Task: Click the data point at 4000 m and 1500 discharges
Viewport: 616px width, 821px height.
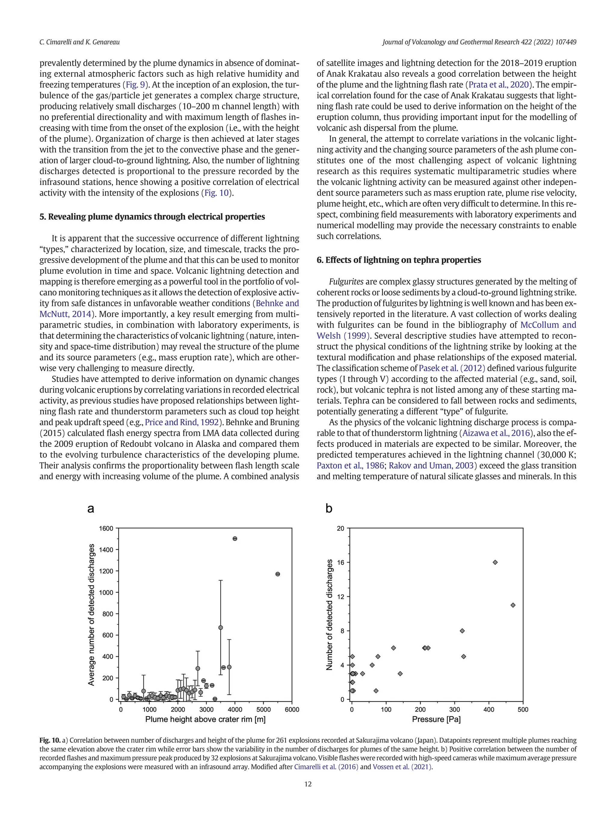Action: coord(235,538)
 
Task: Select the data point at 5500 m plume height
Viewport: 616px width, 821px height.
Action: coord(278,574)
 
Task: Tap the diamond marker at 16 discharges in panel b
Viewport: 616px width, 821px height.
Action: coord(495,562)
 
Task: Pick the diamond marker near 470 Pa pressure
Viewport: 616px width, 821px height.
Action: coord(513,605)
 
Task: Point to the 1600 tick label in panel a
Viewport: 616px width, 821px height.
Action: coord(106,528)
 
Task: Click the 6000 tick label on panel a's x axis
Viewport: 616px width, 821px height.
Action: coord(292,710)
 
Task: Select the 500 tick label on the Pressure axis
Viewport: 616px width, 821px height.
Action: coord(523,710)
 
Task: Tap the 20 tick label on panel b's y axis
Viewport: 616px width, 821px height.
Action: coord(340,528)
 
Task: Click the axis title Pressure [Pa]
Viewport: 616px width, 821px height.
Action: coord(436,720)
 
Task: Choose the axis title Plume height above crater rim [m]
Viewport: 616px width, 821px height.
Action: coord(205,720)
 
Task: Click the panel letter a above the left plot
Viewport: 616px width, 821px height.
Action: coord(91,508)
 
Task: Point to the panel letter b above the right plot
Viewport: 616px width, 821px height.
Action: coord(329,508)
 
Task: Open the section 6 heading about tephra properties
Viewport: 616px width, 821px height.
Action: coord(399,260)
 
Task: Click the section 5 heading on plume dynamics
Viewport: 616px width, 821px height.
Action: coord(152,217)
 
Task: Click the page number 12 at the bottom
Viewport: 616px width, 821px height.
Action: coord(308,784)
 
